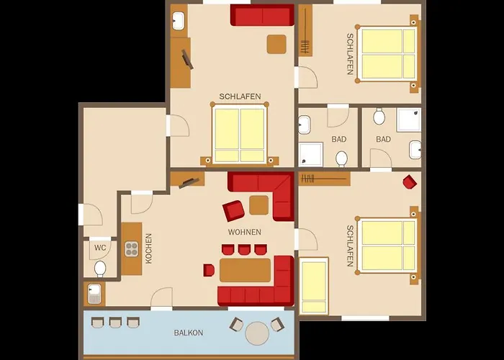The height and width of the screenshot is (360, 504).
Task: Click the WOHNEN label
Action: tap(245, 232)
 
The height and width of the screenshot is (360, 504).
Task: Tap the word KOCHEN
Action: tap(148, 248)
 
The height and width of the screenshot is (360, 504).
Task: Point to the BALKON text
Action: tap(189, 333)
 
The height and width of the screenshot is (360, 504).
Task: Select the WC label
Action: tap(100, 248)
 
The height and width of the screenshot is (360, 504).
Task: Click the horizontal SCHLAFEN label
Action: tap(240, 96)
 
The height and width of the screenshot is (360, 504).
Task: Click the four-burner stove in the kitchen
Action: tap(132, 249)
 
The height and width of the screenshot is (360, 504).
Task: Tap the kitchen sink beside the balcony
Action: tap(94, 294)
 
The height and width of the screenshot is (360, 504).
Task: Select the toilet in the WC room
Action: tap(100, 269)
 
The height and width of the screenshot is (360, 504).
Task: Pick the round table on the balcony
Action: tap(257, 333)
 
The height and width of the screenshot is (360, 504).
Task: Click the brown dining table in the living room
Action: tap(246, 270)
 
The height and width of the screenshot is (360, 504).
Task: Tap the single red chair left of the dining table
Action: tap(209, 270)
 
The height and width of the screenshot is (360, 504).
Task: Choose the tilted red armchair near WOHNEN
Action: tap(233, 210)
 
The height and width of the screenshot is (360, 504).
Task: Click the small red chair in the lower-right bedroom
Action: tap(410, 182)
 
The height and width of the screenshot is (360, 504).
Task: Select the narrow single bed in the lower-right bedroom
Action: tap(314, 286)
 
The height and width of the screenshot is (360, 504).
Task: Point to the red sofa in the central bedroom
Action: tap(262, 15)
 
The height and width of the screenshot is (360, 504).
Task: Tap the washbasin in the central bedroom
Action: tap(178, 21)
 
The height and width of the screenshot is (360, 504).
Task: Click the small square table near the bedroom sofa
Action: tap(276, 45)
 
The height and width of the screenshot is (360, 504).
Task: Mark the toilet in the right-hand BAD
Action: tap(379, 117)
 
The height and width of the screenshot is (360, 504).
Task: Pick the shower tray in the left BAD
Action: tap(311, 154)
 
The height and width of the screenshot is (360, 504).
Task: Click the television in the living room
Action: tap(189, 183)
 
